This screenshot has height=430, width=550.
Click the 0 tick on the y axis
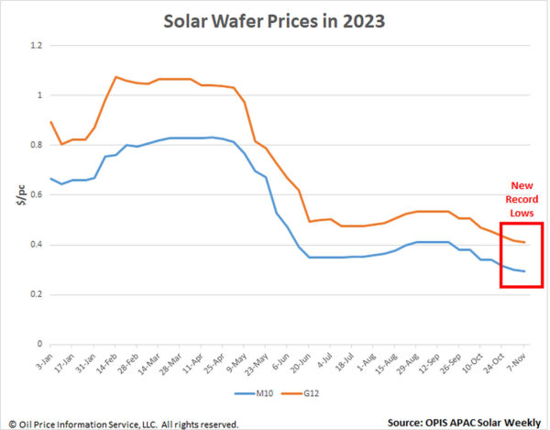tap(38, 345)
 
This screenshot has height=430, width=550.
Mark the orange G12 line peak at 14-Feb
tap(115, 77)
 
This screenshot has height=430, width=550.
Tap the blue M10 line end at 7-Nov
tap(524, 271)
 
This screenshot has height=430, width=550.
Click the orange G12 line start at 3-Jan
tap(50, 122)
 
